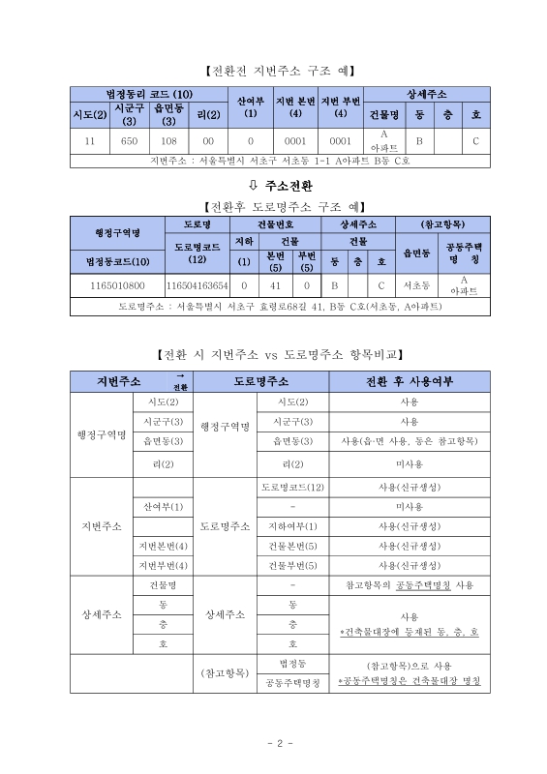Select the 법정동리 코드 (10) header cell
[148, 93]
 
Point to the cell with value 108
[168, 140]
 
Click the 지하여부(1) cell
[292, 526]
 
